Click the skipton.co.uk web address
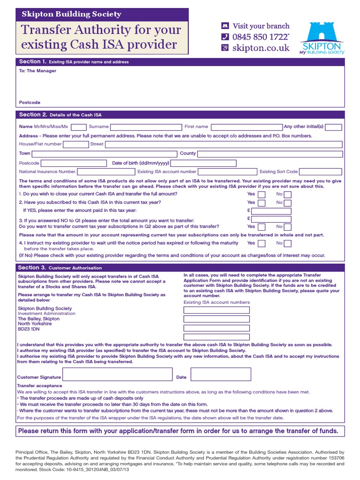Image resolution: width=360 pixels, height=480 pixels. click(261, 48)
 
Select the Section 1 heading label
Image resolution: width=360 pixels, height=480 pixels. click(32, 61)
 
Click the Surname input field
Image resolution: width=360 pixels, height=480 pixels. click(146, 127)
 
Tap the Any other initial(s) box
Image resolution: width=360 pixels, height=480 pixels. click(333, 127)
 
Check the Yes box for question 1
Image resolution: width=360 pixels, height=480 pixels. click(262, 194)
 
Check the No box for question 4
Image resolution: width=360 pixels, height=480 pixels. click(287, 243)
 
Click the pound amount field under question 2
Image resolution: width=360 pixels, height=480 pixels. click(271, 211)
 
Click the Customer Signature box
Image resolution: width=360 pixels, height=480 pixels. click(116, 375)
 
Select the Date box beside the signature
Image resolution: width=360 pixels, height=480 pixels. click(220, 375)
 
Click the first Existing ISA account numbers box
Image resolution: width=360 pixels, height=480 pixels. click(217, 310)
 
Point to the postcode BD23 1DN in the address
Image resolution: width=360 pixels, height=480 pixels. click(29, 329)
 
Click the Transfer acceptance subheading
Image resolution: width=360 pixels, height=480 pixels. click(39, 385)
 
